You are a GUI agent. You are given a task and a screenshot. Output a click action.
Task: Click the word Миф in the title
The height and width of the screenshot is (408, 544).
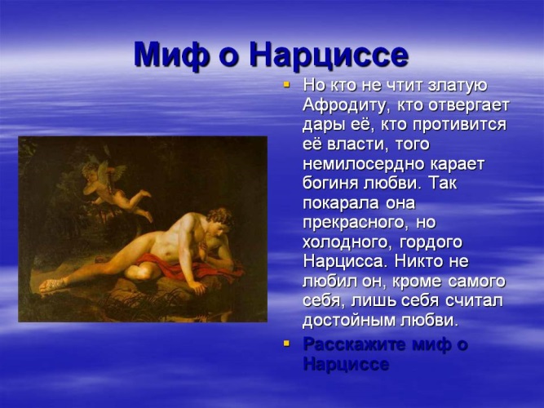172,55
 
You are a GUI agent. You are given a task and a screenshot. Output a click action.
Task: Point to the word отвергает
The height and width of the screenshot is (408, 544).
469,105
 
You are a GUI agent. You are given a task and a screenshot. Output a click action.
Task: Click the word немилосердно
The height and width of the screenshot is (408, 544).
364,164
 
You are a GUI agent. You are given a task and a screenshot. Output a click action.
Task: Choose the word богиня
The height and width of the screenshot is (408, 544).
330,184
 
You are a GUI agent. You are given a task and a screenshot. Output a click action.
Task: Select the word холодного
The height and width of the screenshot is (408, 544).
347,242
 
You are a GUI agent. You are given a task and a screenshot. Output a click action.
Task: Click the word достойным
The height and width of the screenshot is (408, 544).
349,321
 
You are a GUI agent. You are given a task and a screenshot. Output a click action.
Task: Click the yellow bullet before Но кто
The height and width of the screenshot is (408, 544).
286,84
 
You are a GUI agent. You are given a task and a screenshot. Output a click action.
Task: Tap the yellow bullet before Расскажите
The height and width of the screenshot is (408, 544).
286,343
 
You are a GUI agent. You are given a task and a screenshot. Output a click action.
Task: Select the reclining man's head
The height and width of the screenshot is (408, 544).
219,221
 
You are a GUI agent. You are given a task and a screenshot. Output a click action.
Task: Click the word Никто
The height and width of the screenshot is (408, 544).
422,261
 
